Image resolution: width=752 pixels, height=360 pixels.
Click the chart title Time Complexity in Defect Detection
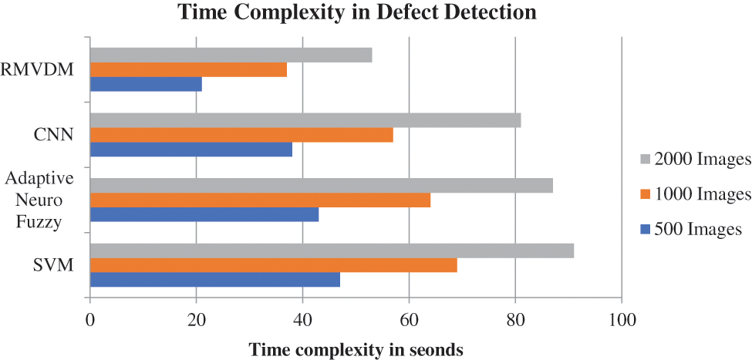pyautogui.click(x=357, y=12)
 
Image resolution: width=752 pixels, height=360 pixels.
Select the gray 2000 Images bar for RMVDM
pyautogui.click(x=231, y=55)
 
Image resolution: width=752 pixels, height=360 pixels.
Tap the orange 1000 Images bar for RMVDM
pyautogui.click(x=188, y=69)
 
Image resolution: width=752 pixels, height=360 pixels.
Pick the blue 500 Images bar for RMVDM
pyautogui.click(x=146, y=84)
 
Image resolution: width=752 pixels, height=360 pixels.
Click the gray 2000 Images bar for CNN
pyautogui.click(x=305, y=120)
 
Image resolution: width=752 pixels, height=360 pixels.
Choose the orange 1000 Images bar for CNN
pyautogui.click(x=241, y=135)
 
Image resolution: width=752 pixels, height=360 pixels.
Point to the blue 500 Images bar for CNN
pyautogui.click(x=191, y=150)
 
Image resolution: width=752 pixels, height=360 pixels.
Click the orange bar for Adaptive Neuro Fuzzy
pyautogui.click(x=260, y=200)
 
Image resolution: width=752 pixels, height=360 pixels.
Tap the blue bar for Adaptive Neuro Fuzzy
pyautogui.click(x=204, y=215)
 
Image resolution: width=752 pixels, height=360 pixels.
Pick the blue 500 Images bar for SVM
pyautogui.click(x=215, y=280)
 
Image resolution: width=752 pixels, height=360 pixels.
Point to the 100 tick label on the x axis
pyautogui.click(x=622, y=319)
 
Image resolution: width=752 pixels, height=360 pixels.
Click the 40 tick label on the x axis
pyautogui.click(x=302, y=319)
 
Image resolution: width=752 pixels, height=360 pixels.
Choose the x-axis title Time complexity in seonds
pyautogui.click(x=356, y=349)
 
